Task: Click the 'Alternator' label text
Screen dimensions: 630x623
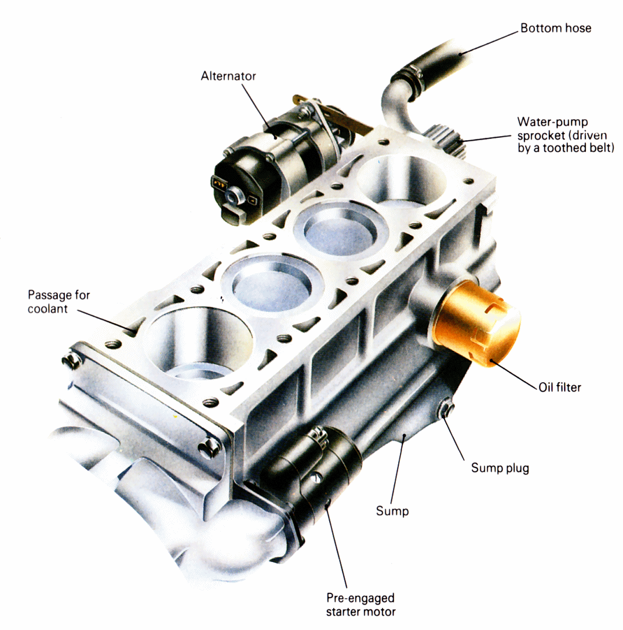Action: coord(228,76)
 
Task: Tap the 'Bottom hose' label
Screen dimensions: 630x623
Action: coord(555,28)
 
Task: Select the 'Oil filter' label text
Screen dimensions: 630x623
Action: coord(558,386)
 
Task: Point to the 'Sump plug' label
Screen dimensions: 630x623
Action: coord(500,468)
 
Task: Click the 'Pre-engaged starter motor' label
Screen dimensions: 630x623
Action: coord(359,605)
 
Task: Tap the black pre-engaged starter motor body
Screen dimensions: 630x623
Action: coord(325,463)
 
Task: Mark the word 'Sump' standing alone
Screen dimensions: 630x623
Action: coord(392,511)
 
